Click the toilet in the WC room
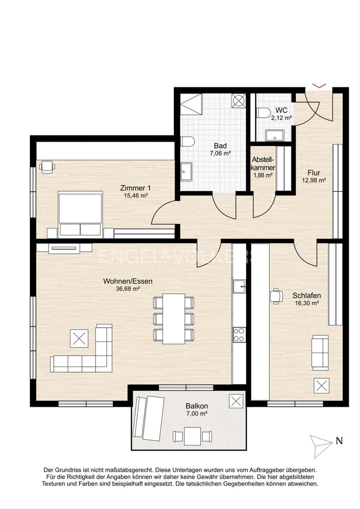[x=264, y=113]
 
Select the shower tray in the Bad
[x=191, y=104]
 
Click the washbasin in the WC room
[x=275, y=135]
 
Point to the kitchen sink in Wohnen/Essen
[x=239, y=287]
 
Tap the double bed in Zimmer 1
[x=80, y=214]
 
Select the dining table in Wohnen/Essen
[x=174, y=319]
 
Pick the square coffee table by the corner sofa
[x=79, y=338]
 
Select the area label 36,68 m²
[x=128, y=289]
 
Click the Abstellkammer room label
[x=263, y=163]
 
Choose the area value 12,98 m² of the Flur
[x=314, y=180]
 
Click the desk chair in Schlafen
[x=276, y=296]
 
